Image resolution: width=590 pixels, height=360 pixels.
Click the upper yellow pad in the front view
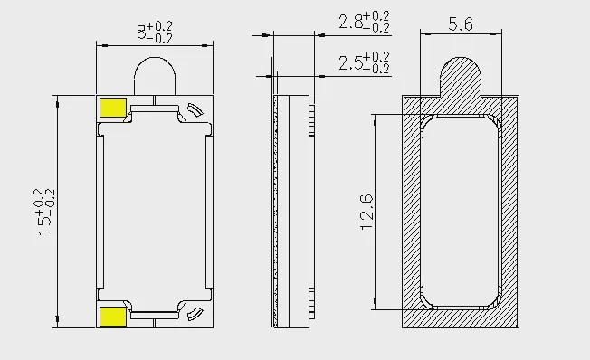(x=113, y=108)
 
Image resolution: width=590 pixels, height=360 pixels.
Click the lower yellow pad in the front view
(x=113, y=316)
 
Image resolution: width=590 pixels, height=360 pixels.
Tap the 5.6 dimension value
(x=461, y=24)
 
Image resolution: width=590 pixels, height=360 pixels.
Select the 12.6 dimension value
(x=366, y=212)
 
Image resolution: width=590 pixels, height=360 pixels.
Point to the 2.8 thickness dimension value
(x=350, y=22)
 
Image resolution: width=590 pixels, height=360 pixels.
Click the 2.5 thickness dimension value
(x=350, y=62)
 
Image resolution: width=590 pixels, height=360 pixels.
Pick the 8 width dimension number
(x=141, y=33)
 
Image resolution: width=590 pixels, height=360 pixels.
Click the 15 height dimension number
(x=43, y=226)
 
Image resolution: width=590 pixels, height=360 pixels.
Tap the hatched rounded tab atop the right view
(x=461, y=77)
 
